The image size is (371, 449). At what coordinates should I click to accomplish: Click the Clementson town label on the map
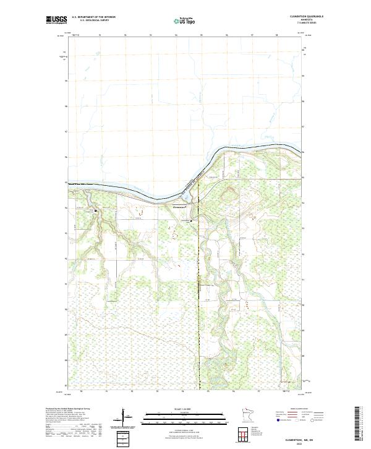pos(179,207)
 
